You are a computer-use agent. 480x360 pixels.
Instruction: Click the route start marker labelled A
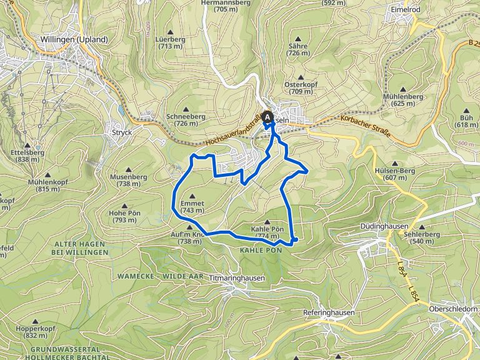pyautogui.click(x=268, y=116)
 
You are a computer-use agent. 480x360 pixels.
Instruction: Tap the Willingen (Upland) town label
pyautogui.click(x=74, y=39)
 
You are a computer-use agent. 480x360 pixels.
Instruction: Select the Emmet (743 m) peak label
pyautogui.click(x=192, y=207)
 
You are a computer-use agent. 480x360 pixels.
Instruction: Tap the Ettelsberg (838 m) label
pyautogui.click(x=25, y=156)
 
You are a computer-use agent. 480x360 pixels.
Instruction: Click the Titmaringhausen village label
pyautogui.click(x=237, y=278)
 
